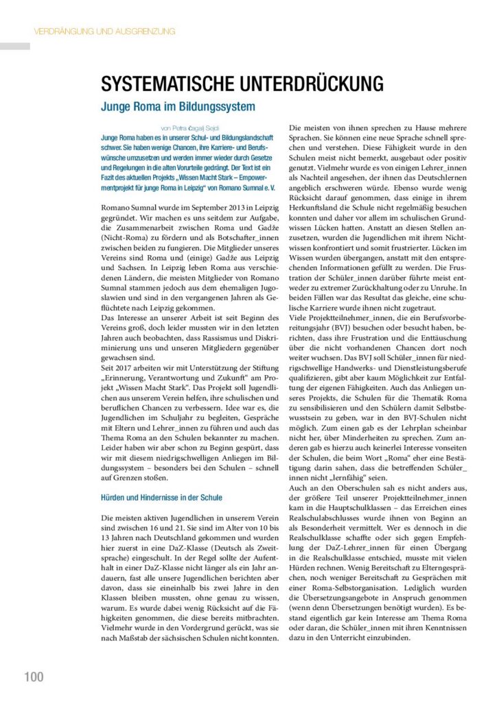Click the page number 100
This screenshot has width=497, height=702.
[34, 677]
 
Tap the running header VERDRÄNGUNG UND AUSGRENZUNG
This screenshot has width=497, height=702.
[104, 31]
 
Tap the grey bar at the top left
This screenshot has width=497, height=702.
[15, 47]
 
